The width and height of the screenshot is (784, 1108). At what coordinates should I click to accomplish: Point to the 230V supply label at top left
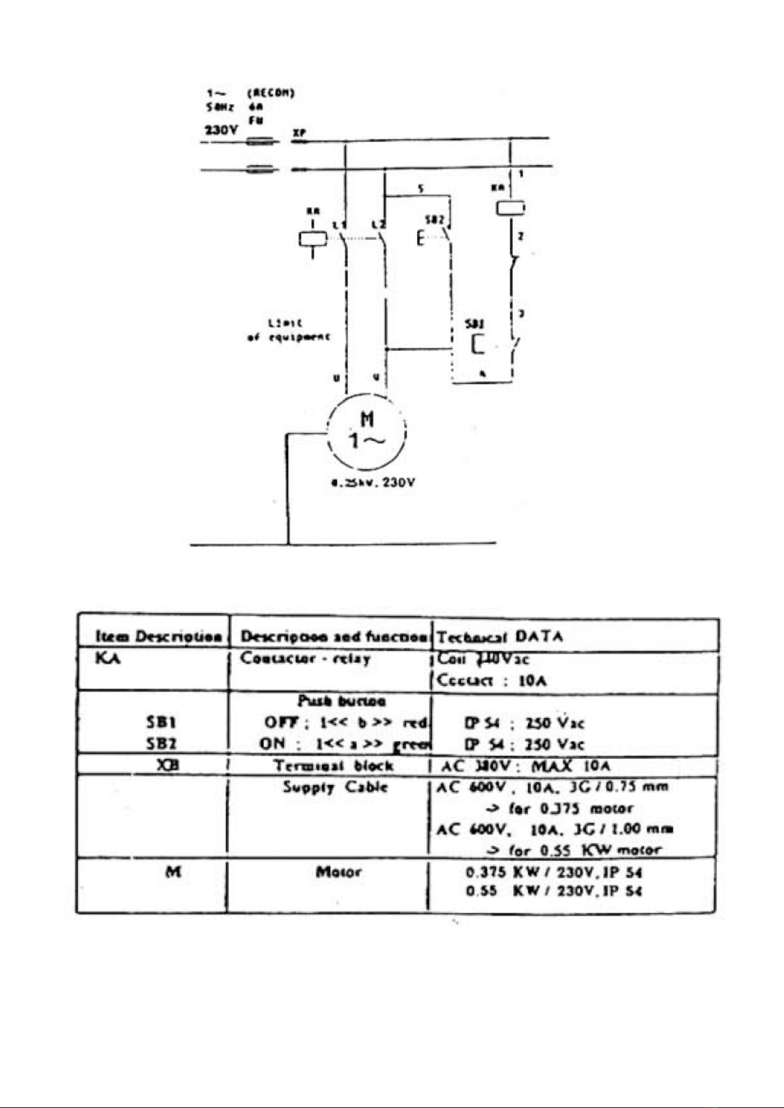(221, 130)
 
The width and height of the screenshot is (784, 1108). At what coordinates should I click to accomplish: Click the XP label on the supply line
(299, 132)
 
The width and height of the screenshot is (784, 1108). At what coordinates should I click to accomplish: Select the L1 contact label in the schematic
(339, 226)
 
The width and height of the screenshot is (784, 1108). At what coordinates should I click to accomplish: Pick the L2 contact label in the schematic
(378, 226)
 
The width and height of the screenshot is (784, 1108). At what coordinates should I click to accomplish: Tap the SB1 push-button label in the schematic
(475, 324)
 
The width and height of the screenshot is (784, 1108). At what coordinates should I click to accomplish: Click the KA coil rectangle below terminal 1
(510, 208)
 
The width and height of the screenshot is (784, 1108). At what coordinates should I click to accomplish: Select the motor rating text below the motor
(373, 483)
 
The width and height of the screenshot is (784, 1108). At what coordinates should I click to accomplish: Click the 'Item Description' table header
(158, 637)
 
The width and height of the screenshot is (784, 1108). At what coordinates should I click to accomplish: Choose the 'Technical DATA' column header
(500, 637)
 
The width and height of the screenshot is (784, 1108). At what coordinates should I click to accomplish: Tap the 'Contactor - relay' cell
(305, 658)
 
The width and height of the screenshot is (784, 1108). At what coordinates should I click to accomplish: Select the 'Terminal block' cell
(333, 766)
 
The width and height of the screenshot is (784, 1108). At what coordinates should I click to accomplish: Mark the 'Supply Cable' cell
(335, 787)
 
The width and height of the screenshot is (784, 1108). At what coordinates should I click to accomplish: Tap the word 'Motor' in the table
(338, 873)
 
